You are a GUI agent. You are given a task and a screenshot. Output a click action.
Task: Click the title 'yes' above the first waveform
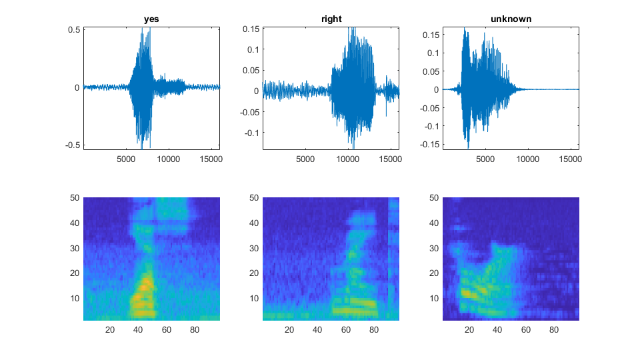click(151, 19)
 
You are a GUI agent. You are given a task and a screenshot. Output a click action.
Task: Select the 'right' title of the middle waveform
click(331, 19)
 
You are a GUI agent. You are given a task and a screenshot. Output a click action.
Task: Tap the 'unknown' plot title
click(511, 19)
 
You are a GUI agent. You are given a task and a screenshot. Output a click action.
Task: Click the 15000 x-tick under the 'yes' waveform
click(211, 159)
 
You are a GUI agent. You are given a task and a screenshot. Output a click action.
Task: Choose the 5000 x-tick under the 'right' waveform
click(305, 159)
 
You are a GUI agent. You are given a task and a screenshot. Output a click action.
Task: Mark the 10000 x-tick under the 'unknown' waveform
click(528, 159)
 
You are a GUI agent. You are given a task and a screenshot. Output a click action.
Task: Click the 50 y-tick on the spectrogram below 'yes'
click(75, 197)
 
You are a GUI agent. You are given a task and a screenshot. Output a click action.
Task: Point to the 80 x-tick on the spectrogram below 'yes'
click(195, 329)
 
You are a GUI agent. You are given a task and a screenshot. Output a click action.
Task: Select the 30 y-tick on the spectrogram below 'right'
click(255, 248)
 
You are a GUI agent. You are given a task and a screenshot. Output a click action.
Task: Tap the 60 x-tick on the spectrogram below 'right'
click(346, 329)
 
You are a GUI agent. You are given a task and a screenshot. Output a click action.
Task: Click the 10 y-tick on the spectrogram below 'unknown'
click(434, 297)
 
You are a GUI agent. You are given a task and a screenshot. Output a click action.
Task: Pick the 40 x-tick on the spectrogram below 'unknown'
click(497, 329)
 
